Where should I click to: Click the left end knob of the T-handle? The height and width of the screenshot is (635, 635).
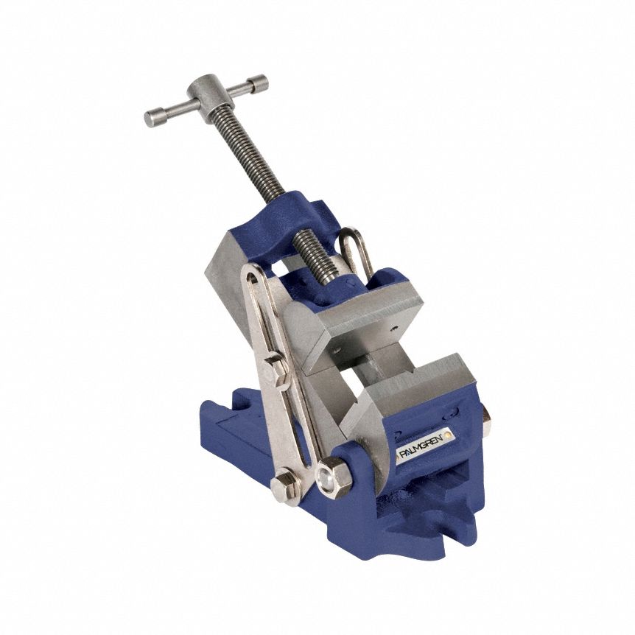154,117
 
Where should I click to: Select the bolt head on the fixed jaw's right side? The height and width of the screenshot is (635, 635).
485,419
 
